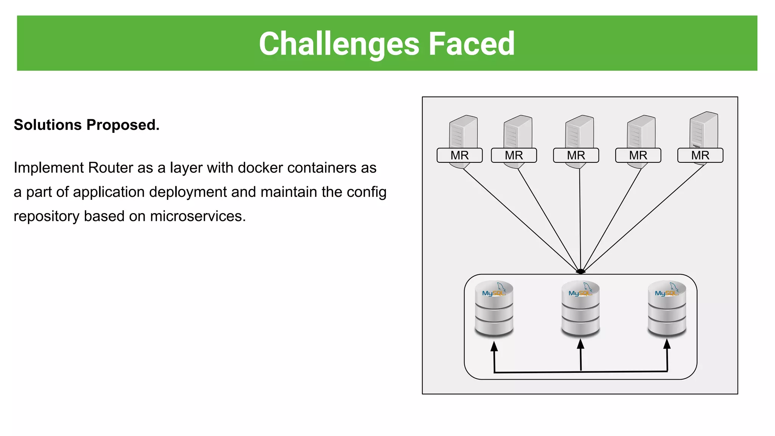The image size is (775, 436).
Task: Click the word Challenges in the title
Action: point(339,44)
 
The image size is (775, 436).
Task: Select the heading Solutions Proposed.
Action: point(87,125)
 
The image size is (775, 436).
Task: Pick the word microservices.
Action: point(198,216)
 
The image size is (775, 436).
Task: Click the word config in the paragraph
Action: point(366,192)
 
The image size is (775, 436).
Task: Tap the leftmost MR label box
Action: point(459,155)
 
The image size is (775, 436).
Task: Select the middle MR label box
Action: point(576,155)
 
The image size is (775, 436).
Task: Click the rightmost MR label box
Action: point(700,155)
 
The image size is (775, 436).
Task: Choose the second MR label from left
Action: point(514,155)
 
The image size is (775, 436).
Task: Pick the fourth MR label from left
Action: point(638,155)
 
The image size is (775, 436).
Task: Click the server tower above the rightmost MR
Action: point(703,130)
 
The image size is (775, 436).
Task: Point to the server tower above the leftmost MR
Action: point(463,132)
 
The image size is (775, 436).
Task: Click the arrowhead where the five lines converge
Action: point(580,271)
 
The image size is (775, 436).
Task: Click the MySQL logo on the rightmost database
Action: point(666,293)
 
